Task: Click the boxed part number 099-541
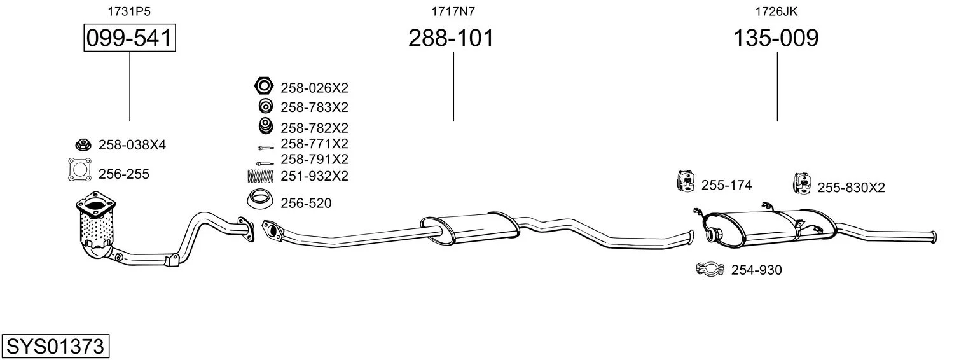(x=130, y=38)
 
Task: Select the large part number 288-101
(x=452, y=38)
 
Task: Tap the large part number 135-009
(x=776, y=38)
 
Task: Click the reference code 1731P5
(x=129, y=11)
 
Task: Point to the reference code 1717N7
(x=453, y=11)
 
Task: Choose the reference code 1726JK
(x=776, y=11)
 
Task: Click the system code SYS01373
(x=55, y=347)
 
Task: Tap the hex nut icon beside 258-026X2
(x=264, y=86)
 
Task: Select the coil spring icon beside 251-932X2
(x=260, y=176)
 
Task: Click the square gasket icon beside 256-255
(x=80, y=169)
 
